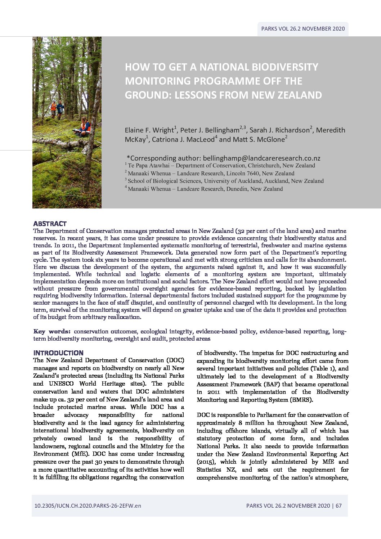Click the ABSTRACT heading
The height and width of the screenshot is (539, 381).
(x=50, y=224)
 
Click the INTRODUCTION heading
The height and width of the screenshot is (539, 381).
(x=58, y=353)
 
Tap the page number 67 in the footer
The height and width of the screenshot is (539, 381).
(x=339, y=506)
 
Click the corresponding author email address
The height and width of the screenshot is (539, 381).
(x=261, y=158)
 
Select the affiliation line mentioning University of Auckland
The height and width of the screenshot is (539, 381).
(x=225, y=181)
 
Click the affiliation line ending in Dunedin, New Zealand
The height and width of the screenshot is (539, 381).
(x=205, y=189)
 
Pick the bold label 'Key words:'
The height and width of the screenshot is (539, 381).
(x=52, y=331)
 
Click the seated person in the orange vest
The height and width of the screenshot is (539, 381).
(x=85, y=126)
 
